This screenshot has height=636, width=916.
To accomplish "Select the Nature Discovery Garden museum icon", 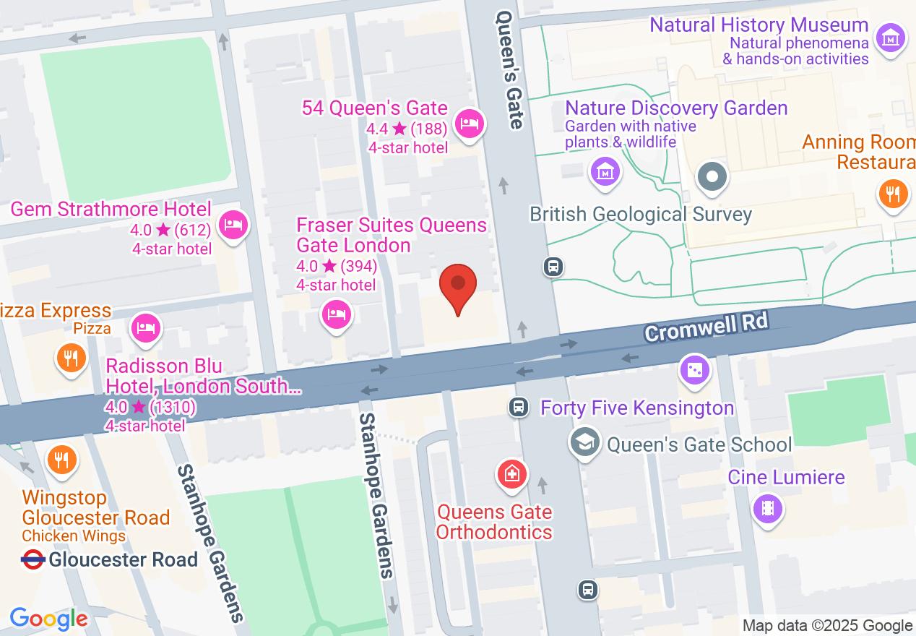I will [605, 172].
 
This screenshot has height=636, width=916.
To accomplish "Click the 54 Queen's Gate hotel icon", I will [470, 124].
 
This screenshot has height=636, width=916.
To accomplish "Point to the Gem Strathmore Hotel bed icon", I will [233, 225].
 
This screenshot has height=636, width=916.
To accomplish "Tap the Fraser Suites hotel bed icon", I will [337, 314].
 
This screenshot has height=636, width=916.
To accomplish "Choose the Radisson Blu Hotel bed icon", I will [146, 327].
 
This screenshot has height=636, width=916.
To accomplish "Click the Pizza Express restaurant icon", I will [71, 357].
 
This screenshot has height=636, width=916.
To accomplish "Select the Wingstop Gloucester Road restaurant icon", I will [61, 459].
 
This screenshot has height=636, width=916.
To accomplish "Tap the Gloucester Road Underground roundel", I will [33, 559].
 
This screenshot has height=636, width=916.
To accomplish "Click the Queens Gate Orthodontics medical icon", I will [511, 474].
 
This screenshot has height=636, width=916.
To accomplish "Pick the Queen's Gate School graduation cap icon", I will [584, 441].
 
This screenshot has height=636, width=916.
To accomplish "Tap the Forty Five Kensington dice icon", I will [694, 370].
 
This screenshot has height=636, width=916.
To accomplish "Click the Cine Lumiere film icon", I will [768, 507].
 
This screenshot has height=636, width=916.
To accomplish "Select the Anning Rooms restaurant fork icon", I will [894, 194].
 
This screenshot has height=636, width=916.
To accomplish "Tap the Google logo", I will [49, 619].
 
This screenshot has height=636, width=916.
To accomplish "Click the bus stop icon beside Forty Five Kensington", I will [518, 407].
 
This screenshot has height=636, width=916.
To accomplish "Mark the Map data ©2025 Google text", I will [827, 626].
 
